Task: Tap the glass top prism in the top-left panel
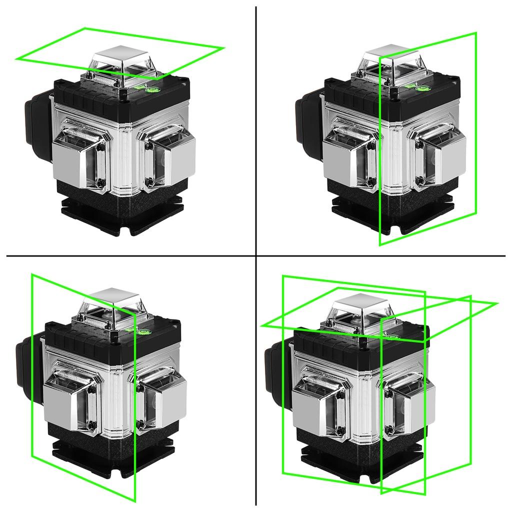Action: click(120, 62)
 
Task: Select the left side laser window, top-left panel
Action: click(80, 157)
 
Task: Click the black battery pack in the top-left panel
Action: click(37, 127)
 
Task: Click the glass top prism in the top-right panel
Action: click(390, 62)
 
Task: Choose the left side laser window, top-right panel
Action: click(350, 157)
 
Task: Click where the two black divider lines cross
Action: click(256, 256)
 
